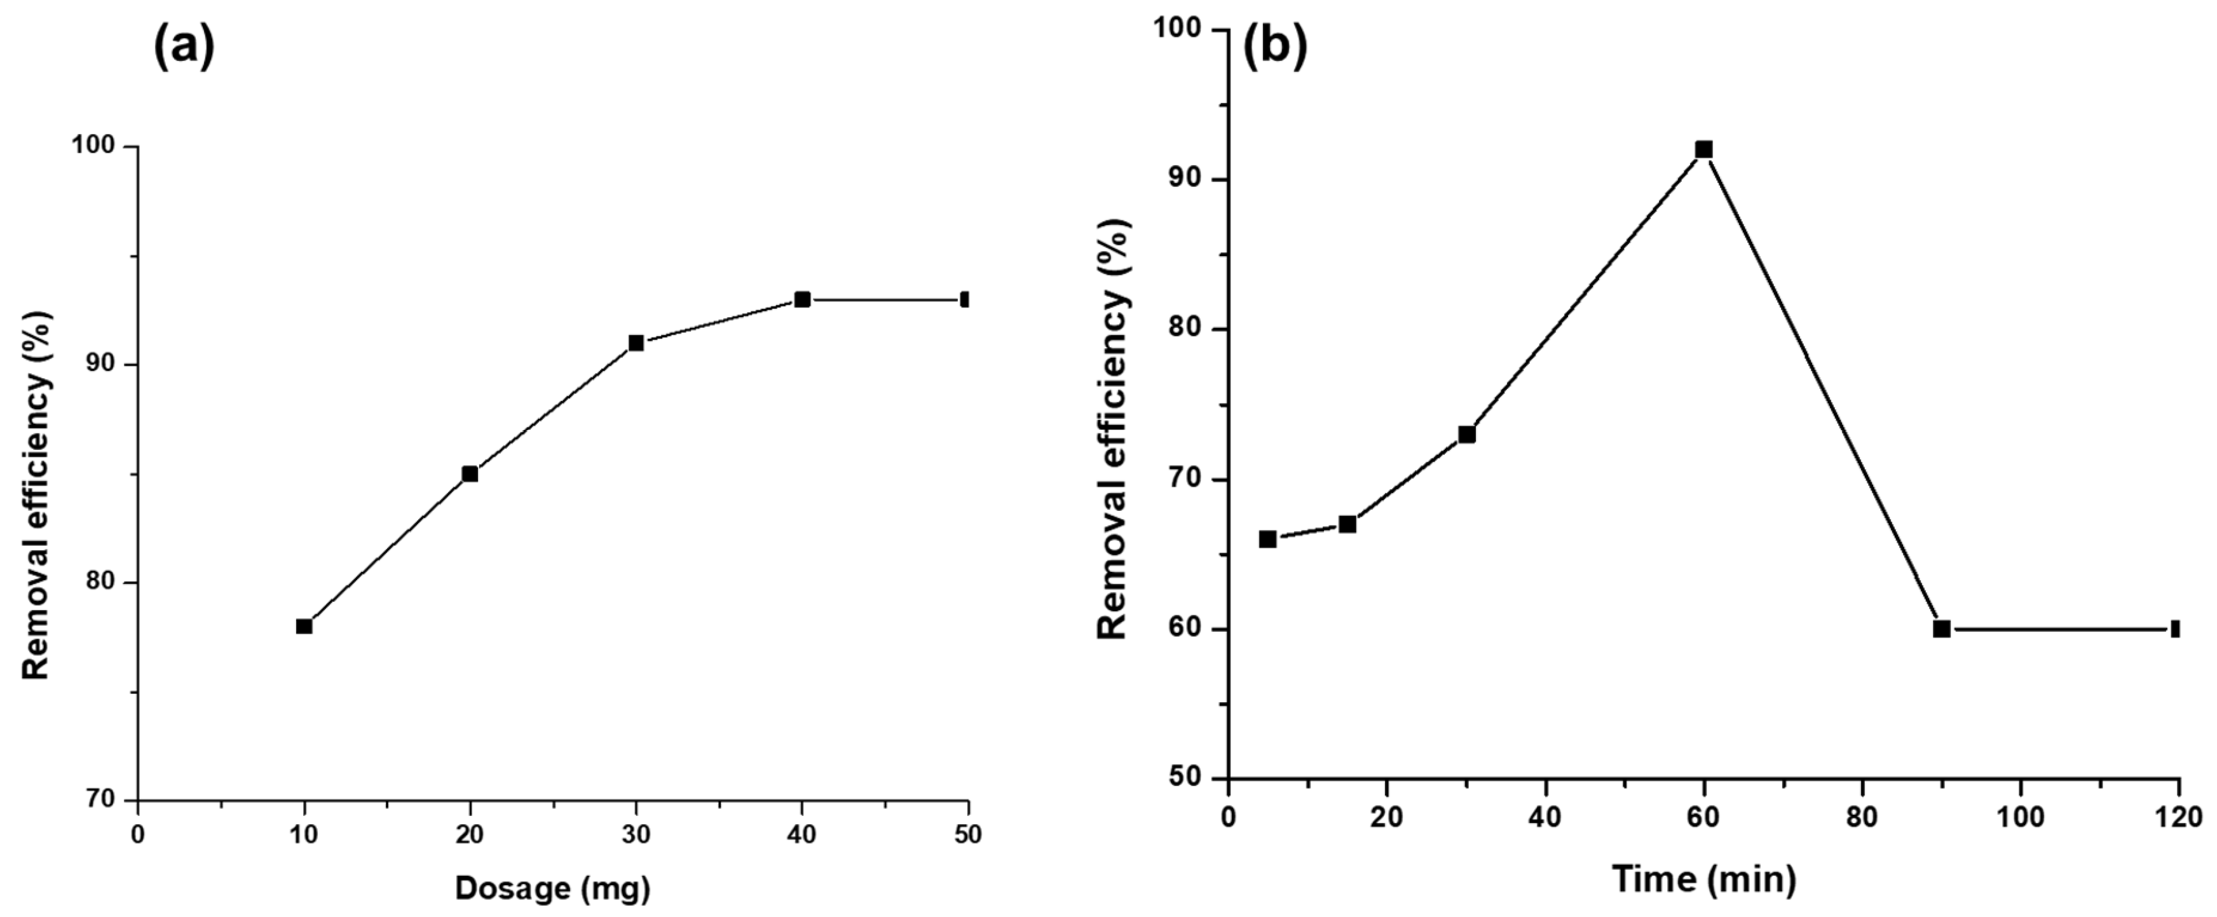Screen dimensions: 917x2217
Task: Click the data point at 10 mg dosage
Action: [304, 626]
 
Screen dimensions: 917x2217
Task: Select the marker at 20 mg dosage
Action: [470, 474]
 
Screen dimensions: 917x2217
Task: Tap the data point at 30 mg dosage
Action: [636, 343]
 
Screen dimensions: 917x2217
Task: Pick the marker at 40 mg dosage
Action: [802, 299]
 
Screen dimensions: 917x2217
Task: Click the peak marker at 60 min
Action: [1703, 150]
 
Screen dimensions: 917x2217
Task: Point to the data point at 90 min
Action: [1942, 629]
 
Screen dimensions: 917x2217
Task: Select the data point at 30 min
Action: [1466, 435]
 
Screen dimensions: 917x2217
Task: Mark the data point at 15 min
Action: [1347, 524]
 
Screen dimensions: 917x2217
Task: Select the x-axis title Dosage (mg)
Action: [552, 888]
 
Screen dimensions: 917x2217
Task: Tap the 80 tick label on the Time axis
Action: [1862, 817]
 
